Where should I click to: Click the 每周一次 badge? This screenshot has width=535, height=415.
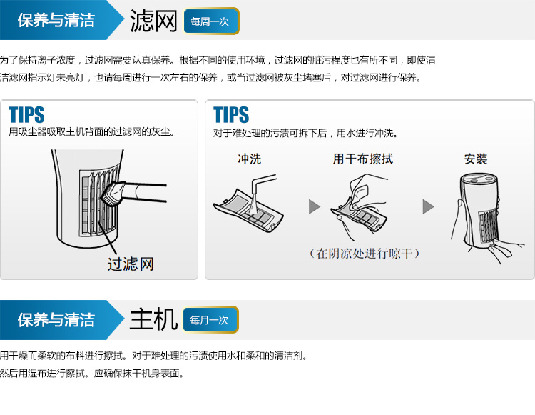point(211,21)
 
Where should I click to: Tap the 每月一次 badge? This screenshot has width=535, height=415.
point(210,320)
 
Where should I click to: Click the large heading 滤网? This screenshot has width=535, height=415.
point(153,21)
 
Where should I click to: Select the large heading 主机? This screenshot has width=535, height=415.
point(153,319)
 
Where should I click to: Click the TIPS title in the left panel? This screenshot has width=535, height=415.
point(26,114)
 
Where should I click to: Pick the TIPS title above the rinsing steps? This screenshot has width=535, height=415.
point(231,114)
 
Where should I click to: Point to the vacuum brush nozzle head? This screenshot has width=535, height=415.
point(111,194)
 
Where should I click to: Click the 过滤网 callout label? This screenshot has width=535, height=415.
point(131,264)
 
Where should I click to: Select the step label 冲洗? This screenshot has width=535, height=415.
point(250,159)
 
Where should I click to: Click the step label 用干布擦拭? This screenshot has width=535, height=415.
point(363,159)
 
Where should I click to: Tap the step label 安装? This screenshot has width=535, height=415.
point(476,159)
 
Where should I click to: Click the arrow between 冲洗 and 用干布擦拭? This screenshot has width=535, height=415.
point(315,206)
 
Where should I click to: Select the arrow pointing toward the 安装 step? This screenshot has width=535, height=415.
point(428,206)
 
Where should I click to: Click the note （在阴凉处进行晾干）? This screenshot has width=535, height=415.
point(365,254)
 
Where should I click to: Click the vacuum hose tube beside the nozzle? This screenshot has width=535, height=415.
point(145,192)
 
